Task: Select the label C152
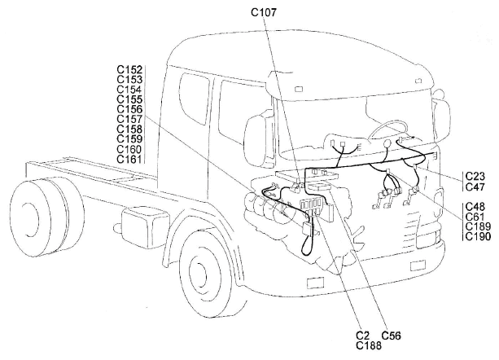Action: point(130,68)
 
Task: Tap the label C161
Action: point(130,159)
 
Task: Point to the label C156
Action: point(130,109)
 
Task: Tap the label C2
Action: point(364,335)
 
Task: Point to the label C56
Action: point(392,335)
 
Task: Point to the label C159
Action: point(130,139)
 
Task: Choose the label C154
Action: point(130,89)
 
